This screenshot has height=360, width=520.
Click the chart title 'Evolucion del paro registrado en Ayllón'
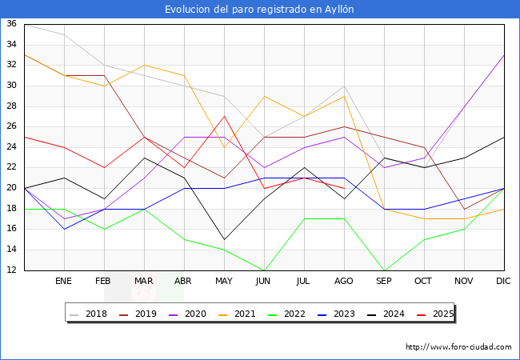click(259, 10)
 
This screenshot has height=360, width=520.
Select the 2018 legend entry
click(88, 314)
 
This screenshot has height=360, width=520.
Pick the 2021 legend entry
click(237, 314)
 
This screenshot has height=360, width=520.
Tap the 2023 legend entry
click(336, 314)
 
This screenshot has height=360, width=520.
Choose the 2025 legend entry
click(435, 314)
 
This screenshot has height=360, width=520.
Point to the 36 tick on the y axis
click(12, 23)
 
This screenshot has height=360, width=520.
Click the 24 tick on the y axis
click(12, 146)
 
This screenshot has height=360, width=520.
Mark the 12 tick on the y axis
click(12, 270)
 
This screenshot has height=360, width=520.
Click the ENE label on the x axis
click(63, 281)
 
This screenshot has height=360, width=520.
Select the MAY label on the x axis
click(224, 281)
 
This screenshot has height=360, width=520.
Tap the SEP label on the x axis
click(384, 281)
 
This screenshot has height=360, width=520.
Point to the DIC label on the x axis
click(503, 281)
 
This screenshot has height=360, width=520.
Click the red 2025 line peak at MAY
click(225, 116)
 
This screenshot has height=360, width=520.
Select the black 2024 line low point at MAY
click(225, 239)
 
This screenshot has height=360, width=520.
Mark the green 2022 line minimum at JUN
click(265, 270)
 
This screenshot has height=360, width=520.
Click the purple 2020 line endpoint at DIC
click(504, 55)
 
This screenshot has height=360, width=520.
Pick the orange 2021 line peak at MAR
click(144, 66)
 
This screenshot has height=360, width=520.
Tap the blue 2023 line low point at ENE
click(64, 229)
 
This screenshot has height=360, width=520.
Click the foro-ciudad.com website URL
click(458, 347)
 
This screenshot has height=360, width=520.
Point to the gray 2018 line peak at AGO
click(345, 86)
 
